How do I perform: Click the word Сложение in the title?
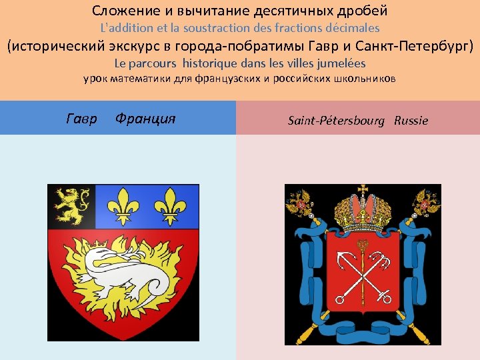pos(121,11)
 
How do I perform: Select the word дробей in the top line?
pos(363,11)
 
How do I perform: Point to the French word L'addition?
pos(126,28)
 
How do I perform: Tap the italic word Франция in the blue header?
pos(145,119)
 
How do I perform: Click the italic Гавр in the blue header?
pos(82,119)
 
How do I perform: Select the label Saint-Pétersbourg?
pos(336,121)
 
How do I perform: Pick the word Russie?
pos(411,121)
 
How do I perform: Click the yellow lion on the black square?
pos(71,205)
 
